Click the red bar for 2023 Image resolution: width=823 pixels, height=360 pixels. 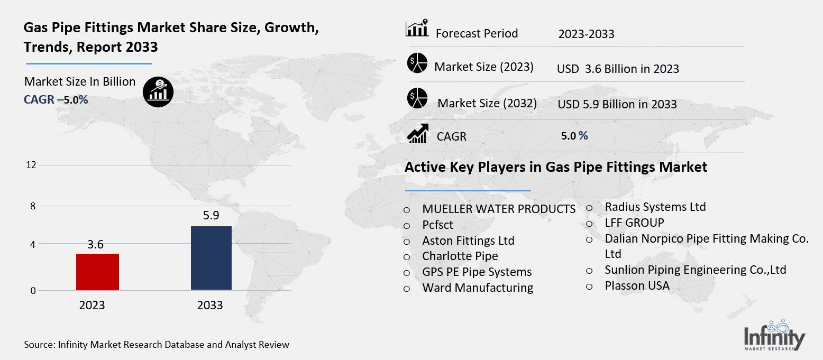pos(97,272)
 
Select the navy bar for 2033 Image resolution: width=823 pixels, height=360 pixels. pos(211,258)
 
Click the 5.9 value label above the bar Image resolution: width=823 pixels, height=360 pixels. pos(211,216)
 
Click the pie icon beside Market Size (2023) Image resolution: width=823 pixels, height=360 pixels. pos(417,63)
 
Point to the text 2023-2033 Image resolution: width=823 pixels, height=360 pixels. pos(586,34)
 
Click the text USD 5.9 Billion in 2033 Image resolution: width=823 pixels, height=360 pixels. pos(617,104)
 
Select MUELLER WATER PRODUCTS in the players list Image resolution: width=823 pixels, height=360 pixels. pos(499,209)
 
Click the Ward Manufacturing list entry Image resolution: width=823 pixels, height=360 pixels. pos(478,288)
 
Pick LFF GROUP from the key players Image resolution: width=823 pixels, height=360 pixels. pos(634,223)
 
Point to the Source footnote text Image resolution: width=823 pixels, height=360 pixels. pos(157,345)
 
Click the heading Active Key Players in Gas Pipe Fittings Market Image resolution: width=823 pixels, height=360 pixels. pos(555,168)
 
